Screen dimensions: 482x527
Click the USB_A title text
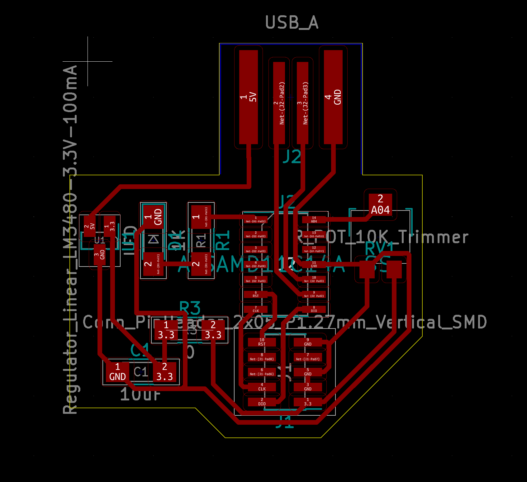(292, 22)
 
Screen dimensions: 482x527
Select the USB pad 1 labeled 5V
(248, 97)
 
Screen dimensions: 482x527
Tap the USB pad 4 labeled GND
(333, 97)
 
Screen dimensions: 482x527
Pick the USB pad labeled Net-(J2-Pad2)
(279, 103)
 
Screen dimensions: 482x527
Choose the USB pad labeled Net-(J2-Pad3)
(302, 103)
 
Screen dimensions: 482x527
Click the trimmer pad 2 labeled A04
(380, 205)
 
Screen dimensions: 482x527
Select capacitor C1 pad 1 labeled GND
(117, 372)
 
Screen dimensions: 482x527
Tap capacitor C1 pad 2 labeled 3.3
(164, 372)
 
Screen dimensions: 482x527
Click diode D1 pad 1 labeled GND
(153, 217)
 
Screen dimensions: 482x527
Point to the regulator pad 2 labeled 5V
(89, 226)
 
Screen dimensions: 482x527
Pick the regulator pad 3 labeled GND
(100, 254)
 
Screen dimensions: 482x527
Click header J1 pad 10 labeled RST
(262, 342)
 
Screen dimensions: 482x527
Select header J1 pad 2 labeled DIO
(262, 402)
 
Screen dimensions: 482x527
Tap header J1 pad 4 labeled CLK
(262, 387)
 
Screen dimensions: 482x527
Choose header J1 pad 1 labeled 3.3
(308, 402)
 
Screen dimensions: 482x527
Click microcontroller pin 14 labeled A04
(314, 220)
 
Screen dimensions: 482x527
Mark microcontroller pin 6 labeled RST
(256, 294)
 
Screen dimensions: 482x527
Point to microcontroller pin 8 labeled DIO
(314, 309)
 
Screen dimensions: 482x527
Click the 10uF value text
(140, 395)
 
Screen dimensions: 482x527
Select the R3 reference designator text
(190, 308)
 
